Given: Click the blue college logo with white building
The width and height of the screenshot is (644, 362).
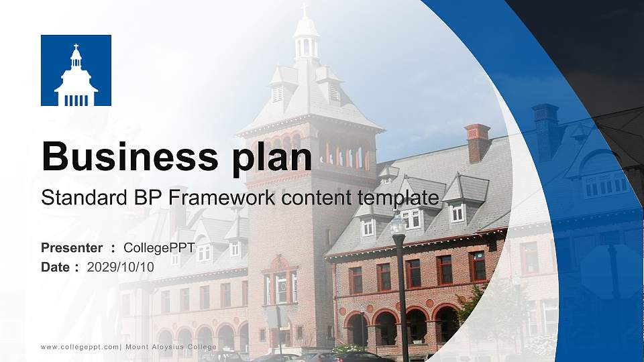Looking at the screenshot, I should pyautogui.click(x=76, y=70).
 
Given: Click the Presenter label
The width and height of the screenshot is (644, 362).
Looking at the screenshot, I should pyautogui.click(x=72, y=248).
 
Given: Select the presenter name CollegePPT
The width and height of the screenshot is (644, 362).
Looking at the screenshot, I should pyautogui.click(x=159, y=248).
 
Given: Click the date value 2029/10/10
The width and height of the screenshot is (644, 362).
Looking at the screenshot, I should pyautogui.click(x=121, y=267).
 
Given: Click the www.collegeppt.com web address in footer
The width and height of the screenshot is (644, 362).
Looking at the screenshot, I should pyautogui.click(x=80, y=347).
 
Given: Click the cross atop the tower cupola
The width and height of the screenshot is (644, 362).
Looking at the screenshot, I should pyautogui.click(x=304, y=9).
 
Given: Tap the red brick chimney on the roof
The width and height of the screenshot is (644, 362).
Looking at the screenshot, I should pyautogui.click(x=477, y=141).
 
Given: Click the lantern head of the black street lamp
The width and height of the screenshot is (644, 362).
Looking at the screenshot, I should pyautogui.click(x=398, y=225).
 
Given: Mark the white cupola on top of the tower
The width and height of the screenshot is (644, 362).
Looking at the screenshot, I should pyautogui.click(x=306, y=40).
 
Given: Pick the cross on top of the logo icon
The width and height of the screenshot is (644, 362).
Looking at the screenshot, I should pyautogui.click(x=76, y=47).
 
